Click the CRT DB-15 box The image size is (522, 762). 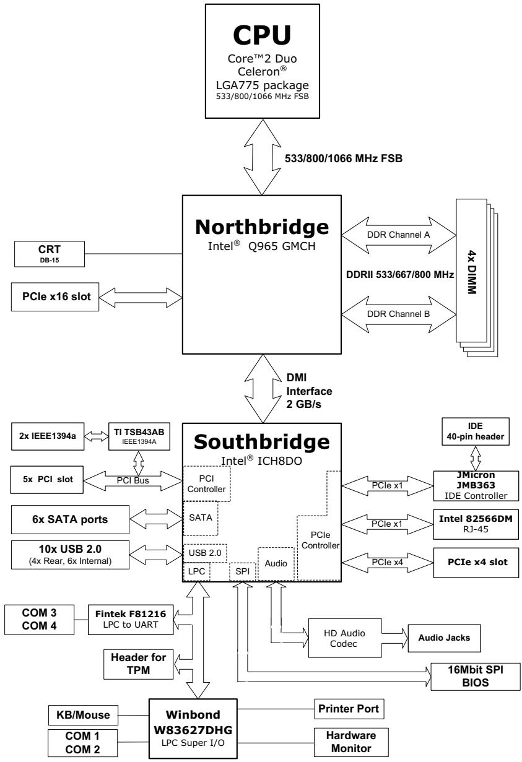tap(50, 254)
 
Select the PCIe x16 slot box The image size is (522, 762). tap(55, 297)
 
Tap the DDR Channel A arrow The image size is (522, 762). tap(399, 235)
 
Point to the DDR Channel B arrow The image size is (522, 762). tap(399, 314)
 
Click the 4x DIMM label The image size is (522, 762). tap(472, 272)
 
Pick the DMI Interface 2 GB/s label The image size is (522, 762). tap(309, 391)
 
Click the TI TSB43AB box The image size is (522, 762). tap(139, 436)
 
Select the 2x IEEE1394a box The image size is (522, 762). tap(48, 436)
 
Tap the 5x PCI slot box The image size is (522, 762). tap(47, 480)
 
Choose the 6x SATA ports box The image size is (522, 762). tap(70, 519)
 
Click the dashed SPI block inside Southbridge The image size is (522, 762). tap(242, 571)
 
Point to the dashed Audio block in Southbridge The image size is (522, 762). tap(276, 564)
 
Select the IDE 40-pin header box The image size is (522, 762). tap(476, 431)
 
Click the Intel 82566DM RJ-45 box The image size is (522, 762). tap(476, 524)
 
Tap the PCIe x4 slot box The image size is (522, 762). tap(476, 563)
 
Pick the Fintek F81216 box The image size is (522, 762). tap(131, 620)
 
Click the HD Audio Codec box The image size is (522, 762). tap(345, 638)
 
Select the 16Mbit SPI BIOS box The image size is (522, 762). tap(476, 677)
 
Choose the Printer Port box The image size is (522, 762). tap(349, 709)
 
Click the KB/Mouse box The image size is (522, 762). tap(83, 715)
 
